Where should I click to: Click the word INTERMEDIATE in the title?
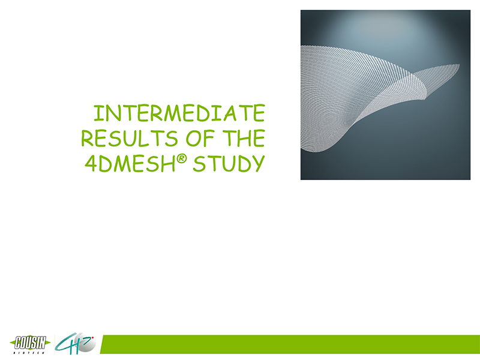click(179, 113)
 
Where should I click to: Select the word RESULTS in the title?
click(130, 139)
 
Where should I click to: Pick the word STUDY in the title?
click(229, 163)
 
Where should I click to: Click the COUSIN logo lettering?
click(31, 343)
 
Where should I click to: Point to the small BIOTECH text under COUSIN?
click(29, 353)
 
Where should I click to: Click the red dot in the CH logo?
click(93, 338)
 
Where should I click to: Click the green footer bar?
click(290, 344)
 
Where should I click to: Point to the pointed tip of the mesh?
click(459, 64)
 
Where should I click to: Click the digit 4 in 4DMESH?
click(91, 164)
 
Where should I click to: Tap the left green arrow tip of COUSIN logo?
click(11, 343)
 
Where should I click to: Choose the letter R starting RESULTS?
click(87, 139)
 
